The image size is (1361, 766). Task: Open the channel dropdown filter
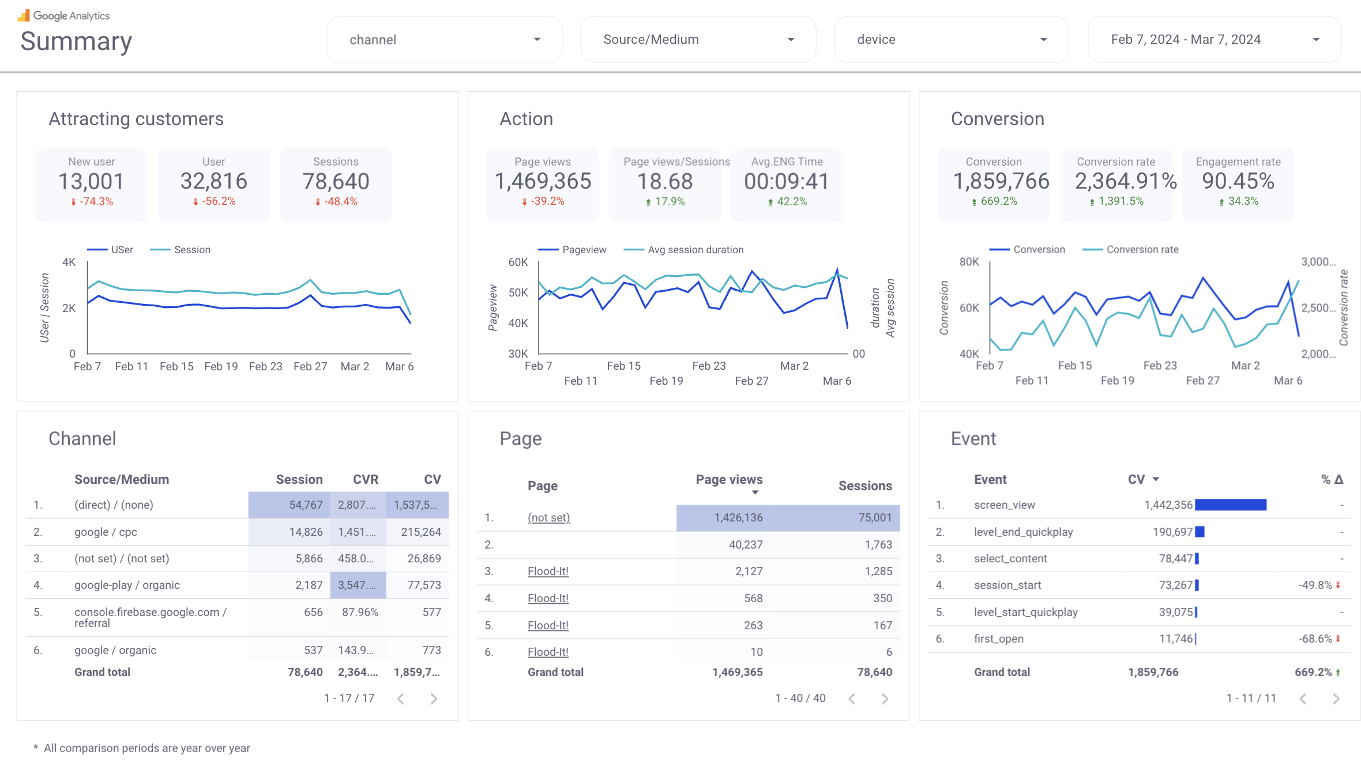tap(444, 39)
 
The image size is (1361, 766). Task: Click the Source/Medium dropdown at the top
tap(698, 39)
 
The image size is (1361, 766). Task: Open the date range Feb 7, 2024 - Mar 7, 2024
tap(1214, 39)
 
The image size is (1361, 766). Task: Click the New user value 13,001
tap(91, 182)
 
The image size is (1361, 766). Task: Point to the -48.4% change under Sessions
tap(337, 201)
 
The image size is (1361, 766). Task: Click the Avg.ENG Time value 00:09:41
tap(787, 182)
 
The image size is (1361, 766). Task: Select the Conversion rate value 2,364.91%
tap(1126, 182)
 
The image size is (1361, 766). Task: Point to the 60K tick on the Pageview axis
tap(518, 262)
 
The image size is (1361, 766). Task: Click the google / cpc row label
tap(106, 532)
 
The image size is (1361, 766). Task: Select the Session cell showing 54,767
tap(306, 505)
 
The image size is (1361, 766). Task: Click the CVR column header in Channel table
tap(366, 479)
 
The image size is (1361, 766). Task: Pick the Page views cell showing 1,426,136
tap(738, 517)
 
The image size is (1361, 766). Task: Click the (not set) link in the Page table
tap(548, 517)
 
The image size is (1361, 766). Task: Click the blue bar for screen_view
tap(1231, 505)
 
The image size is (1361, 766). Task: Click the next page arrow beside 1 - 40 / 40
tap(885, 699)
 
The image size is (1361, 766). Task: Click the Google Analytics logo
tap(63, 16)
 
